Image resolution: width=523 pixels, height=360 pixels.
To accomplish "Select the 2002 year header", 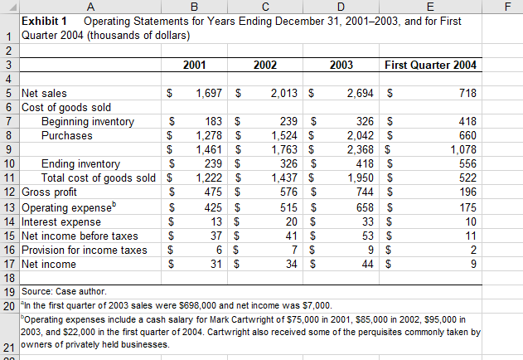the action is pyautogui.click(x=264, y=65).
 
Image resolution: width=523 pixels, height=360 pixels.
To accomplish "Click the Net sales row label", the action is pyautogui.click(x=45, y=94).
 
